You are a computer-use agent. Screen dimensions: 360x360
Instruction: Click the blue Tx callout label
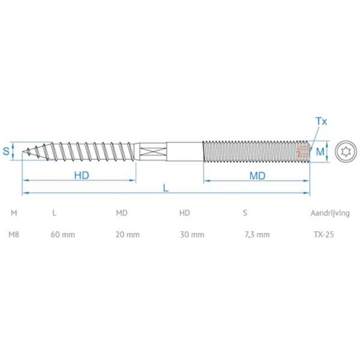coord(321,122)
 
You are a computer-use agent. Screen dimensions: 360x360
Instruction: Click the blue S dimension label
coord(6,151)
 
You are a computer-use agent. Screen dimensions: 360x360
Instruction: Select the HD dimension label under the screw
coord(81,175)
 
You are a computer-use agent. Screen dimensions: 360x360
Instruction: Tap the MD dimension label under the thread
coord(257,175)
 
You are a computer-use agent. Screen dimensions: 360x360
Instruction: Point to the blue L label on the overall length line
coord(166,188)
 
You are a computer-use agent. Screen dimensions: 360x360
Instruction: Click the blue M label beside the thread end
coord(320,151)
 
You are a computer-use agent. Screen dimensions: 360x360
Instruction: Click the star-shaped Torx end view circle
coord(346,151)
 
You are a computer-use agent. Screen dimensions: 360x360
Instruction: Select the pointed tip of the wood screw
coord(24,151)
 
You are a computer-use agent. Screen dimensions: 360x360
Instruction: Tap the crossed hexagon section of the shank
coord(152,151)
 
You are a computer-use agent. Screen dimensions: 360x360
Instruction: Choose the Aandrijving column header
coord(330,213)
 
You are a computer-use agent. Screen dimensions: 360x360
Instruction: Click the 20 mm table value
coord(127,234)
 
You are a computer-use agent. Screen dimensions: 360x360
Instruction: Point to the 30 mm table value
coord(191,234)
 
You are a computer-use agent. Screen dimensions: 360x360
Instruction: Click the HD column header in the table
coord(185,213)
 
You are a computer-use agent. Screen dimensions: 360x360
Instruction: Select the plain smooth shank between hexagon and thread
coord(184,151)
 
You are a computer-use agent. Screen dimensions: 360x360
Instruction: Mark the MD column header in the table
coord(122,213)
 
